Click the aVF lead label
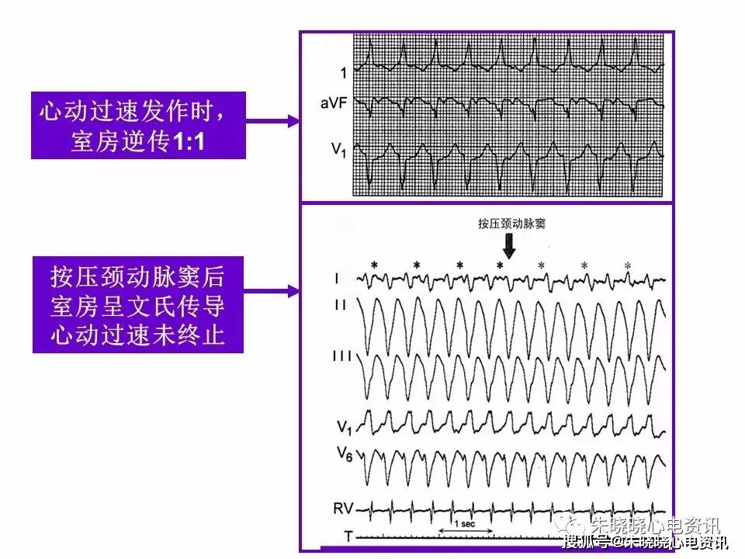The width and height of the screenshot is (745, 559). point(334,102)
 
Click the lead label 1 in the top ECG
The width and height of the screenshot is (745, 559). point(344,73)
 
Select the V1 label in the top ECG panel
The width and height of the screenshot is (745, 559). point(339,150)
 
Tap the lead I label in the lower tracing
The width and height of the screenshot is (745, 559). point(337,278)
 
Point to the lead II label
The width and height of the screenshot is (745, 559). point(340,304)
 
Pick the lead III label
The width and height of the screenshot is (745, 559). point(342,356)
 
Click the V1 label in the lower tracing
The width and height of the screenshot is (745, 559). point(345,427)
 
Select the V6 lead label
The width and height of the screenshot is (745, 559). point(345,454)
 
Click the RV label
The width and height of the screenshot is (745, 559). point(343,509)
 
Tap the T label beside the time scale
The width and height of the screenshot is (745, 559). point(348,536)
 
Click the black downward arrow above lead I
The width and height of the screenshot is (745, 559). point(509,246)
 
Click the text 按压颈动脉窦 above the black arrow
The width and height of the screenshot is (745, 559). point(511,224)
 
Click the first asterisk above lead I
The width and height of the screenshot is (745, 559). point(374,266)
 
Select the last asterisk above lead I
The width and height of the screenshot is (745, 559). point(628,266)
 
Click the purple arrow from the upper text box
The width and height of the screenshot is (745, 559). point(272,121)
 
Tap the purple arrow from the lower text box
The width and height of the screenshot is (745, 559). point(272,290)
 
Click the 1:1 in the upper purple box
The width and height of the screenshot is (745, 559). point(188,141)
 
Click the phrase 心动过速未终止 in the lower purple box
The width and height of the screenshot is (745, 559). point(138,335)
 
